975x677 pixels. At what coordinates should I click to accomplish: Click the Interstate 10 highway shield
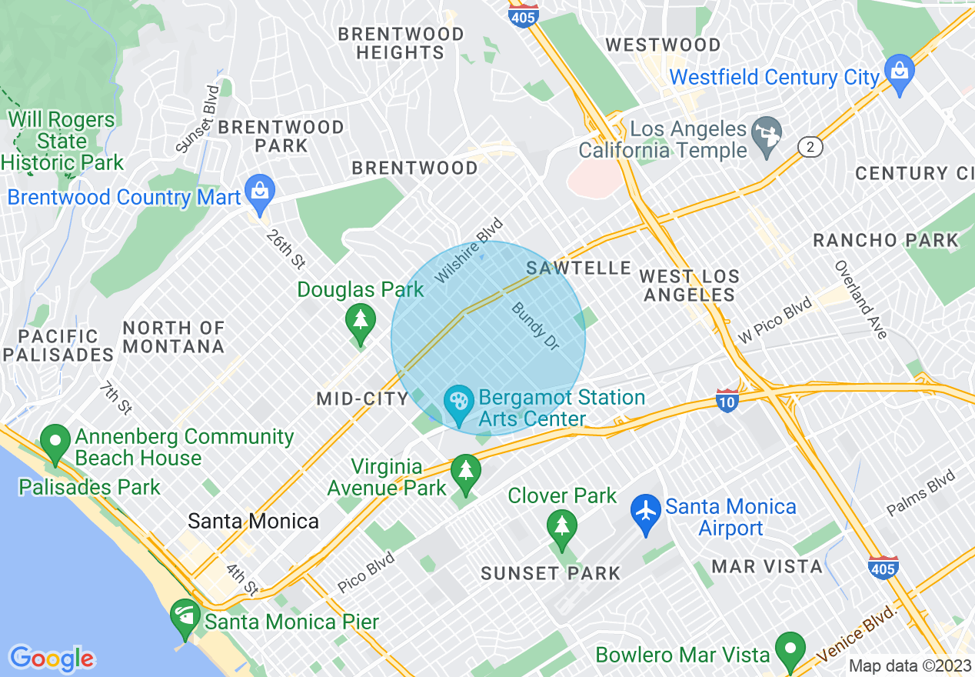pos(727,400)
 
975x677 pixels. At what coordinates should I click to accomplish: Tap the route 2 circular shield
pos(810,146)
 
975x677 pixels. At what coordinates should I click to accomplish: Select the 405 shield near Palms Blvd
pos(883,566)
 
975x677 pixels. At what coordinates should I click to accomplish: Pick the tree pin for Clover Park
pos(562,527)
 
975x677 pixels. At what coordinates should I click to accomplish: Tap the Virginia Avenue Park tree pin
pos(465,472)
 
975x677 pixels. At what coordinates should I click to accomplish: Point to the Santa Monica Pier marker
pos(185,616)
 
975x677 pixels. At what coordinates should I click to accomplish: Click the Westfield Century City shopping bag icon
pos(898,72)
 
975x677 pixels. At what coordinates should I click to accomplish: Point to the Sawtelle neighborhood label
pos(579,268)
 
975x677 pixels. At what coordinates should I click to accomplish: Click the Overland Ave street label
pos(861,298)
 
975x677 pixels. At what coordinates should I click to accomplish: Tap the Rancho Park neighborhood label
pos(886,241)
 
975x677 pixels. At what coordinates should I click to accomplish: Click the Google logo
pos(52,659)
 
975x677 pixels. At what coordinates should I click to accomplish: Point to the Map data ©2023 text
pos(909,665)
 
